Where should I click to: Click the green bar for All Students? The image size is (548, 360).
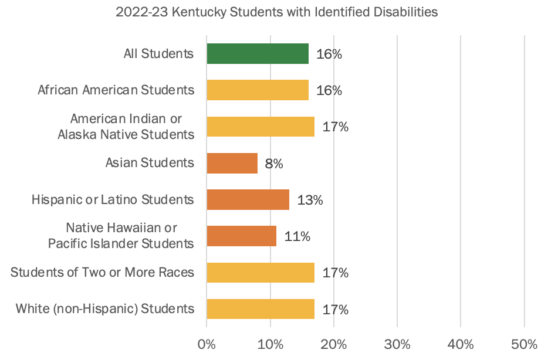pyautogui.click(x=258, y=54)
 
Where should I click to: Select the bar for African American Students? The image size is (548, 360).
pyautogui.click(x=258, y=90)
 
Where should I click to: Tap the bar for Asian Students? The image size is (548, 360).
pyautogui.click(x=232, y=163)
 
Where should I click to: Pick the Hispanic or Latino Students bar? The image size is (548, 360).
pyautogui.click(x=248, y=199)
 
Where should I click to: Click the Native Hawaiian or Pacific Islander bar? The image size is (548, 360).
pyautogui.click(x=242, y=236)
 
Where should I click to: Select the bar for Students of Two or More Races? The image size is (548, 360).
pyautogui.click(x=261, y=272)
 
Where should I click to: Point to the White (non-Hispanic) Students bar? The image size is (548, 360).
pyautogui.click(x=261, y=308)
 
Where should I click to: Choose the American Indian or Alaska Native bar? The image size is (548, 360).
pyautogui.click(x=261, y=127)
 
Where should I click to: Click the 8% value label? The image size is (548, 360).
pyautogui.click(x=274, y=164)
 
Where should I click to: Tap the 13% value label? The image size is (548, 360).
pyautogui.click(x=310, y=200)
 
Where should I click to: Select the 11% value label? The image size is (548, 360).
pyautogui.click(x=297, y=236)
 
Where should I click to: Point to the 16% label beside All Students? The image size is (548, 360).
pyautogui.click(x=329, y=55)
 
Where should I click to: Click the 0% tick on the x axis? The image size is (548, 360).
pyautogui.click(x=207, y=343)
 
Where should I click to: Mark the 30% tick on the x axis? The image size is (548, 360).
pyautogui.click(x=397, y=343)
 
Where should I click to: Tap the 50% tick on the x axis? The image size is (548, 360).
pyautogui.click(x=524, y=343)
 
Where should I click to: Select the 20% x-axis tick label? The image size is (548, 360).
pyautogui.click(x=334, y=343)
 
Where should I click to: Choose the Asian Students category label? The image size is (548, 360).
pyautogui.click(x=150, y=162)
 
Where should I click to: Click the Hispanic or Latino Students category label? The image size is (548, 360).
pyautogui.click(x=113, y=199)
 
